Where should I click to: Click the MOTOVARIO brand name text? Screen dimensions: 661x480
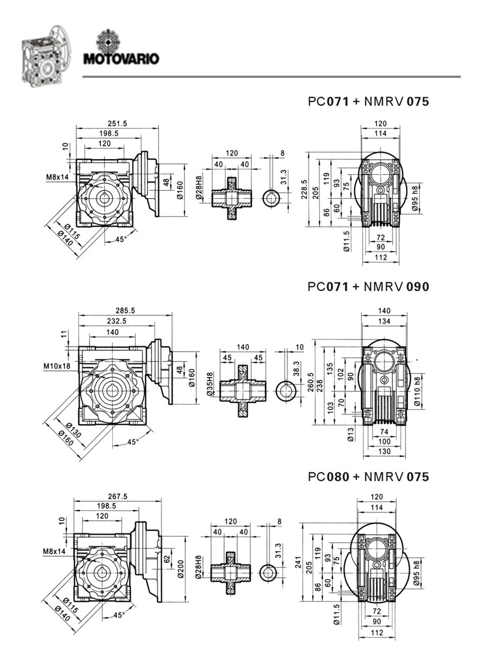121,59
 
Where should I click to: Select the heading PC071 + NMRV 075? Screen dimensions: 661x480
368,102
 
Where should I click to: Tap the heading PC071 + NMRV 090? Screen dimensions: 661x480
368,287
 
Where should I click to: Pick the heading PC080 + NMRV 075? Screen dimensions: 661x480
368,477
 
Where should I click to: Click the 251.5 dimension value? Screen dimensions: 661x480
117,123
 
